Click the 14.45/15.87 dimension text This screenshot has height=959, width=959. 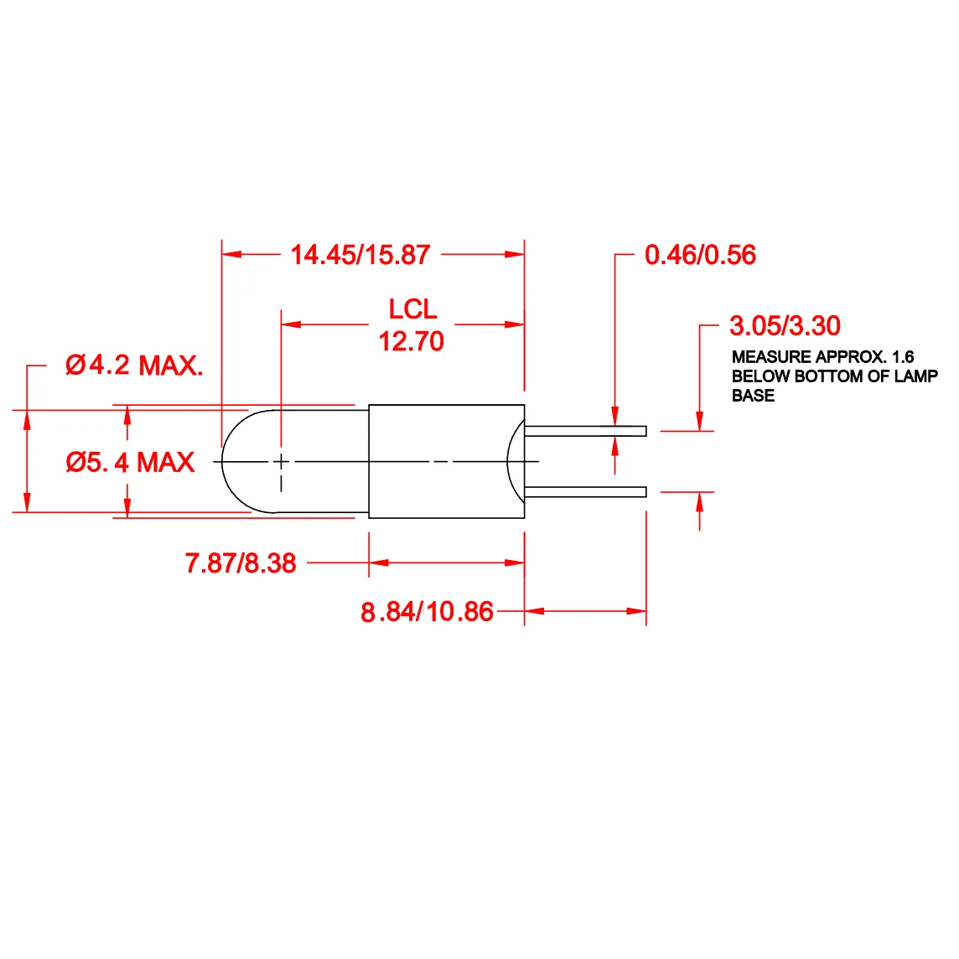[x=360, y=255]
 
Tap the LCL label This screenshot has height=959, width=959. [x=412, y=308]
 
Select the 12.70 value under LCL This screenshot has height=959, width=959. [x=411, y=341]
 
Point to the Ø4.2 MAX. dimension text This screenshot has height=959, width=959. [x=134, y=365]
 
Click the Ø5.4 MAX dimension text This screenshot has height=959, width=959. [x=130, y=462]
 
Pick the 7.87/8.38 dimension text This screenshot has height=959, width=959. [x=241, y=563]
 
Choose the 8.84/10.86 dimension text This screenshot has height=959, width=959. [x=427, y=612]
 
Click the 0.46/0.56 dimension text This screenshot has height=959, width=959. [x=700, y=255]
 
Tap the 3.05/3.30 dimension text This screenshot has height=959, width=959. [x=785, y=325]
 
